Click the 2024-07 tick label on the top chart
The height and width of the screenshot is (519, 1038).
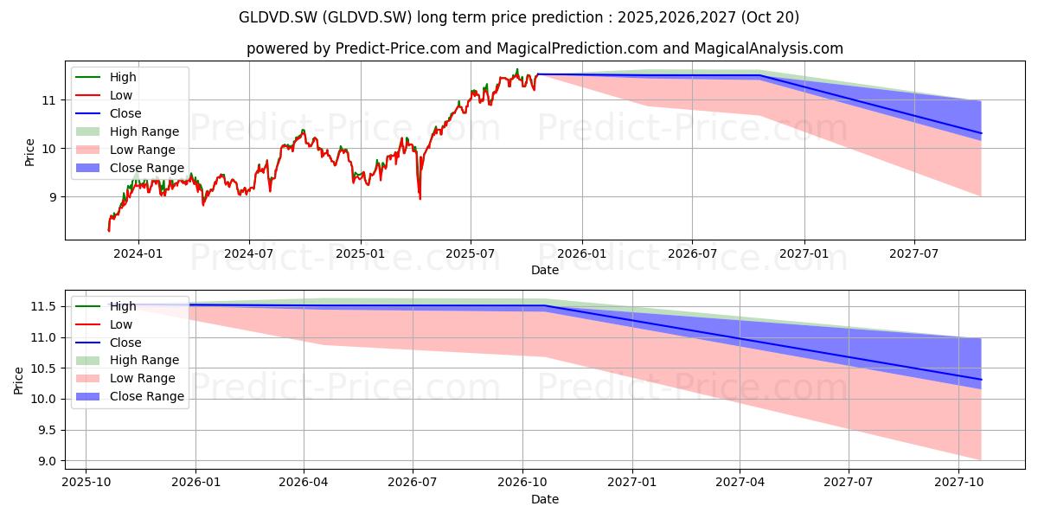(249, 254)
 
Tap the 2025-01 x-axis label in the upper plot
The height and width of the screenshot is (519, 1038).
(360, 254)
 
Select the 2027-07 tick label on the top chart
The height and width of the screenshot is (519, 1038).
(913, 254)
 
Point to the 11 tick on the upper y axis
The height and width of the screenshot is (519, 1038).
(48, 100)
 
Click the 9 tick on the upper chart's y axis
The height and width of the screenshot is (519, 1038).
(52, 197)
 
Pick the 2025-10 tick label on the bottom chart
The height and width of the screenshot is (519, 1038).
(86, 483)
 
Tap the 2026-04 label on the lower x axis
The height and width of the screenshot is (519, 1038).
(303, 483)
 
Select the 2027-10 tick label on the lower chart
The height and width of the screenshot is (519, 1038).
(958, 483)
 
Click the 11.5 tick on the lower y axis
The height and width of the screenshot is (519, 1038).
(43, 307)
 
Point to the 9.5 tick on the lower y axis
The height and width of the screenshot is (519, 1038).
(46, 431)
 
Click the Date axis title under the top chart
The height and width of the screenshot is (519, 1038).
(544, 270)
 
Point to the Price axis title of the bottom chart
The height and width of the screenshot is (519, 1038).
(18, 381)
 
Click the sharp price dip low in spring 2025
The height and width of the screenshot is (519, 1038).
(420, 199)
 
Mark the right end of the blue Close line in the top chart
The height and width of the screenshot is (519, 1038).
(981, 133)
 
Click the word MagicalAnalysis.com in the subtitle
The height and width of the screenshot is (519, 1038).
(768, 48)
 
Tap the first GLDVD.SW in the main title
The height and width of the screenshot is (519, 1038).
(278, 17)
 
